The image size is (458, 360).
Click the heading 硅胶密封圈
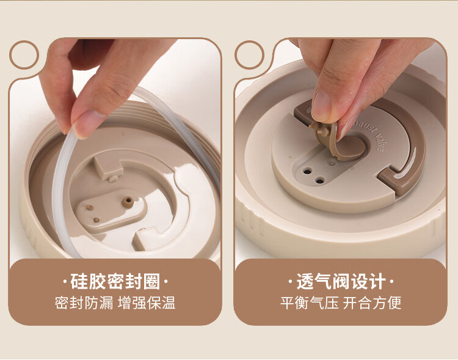point(115,282)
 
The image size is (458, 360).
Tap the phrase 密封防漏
point(84,303)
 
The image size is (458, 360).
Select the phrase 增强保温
point(147,303)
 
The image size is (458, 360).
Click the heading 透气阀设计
point(341,282)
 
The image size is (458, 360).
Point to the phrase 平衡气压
point(310,303)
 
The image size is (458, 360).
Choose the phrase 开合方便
point(372,303)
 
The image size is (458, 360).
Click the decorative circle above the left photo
point(24,55)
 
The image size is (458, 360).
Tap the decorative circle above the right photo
point(249,55)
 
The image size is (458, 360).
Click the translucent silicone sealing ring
point(60,187)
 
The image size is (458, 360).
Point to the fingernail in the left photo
point(87,123)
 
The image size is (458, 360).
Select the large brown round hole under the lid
point(128,201)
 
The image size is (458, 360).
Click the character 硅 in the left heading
point(79,282)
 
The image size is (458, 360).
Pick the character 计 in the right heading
point(377,282)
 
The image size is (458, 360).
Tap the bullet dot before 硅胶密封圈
point(65,282)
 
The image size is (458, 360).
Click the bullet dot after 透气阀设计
point(391,282)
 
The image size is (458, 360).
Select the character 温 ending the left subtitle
point(169,303)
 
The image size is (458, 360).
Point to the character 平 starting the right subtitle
point(288,303)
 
